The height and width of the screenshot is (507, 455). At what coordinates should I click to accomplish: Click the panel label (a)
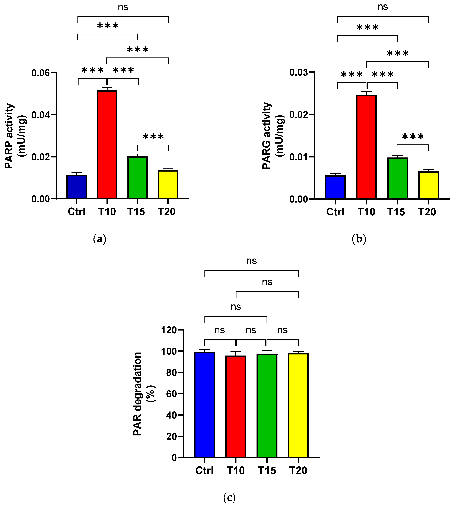coord(99,239)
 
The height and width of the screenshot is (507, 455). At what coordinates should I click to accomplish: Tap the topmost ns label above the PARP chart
coord(123,7)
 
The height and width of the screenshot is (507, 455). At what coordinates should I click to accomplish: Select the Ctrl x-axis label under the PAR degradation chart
coord(204,470)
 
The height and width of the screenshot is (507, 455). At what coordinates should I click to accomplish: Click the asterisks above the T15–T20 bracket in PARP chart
coord(153,137)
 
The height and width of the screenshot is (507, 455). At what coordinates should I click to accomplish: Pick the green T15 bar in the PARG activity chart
coord(398,178)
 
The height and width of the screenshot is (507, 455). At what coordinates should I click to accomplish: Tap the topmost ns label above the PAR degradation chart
coord(251,261)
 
